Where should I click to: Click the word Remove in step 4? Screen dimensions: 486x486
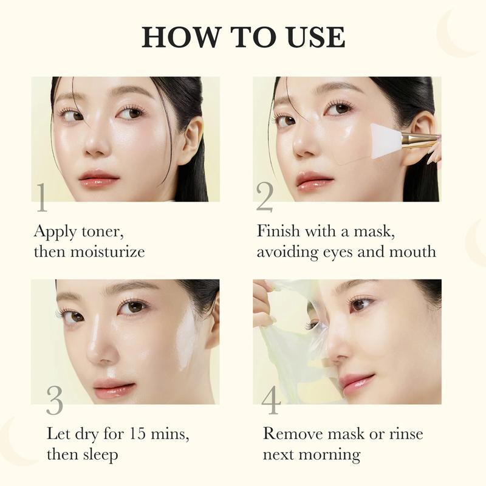pos(295,434)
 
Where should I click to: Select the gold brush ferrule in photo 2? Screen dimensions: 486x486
pos(419,140)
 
